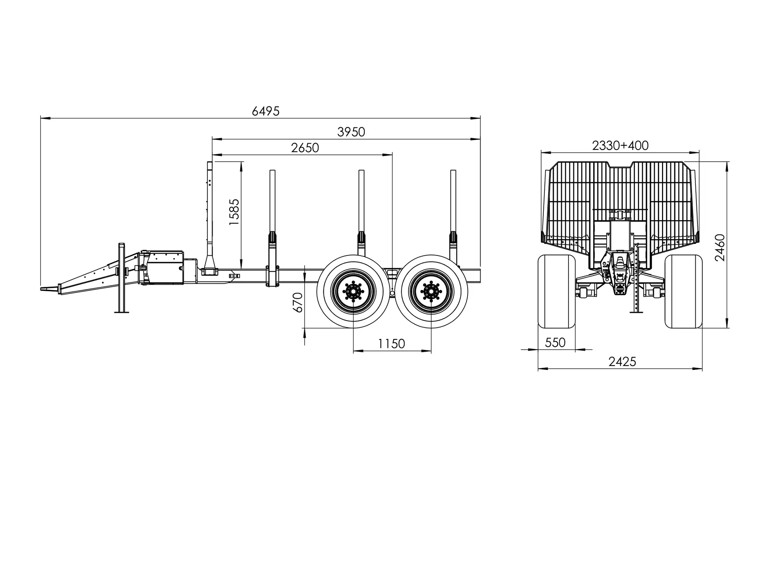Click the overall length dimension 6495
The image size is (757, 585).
pos(265,111)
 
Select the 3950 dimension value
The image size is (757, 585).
pos(351,132)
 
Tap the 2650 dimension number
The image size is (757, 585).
pos(305,148)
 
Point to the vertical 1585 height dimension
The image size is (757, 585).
pos(234,212)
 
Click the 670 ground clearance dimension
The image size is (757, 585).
pos(298,302)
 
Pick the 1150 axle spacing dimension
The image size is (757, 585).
pos(391,344)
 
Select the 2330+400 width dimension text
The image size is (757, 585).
pos(620,146)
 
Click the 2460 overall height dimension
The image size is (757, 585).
pos(720,248)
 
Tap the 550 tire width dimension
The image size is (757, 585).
pos(555,343)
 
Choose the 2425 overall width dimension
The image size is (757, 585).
pos(622,362)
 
